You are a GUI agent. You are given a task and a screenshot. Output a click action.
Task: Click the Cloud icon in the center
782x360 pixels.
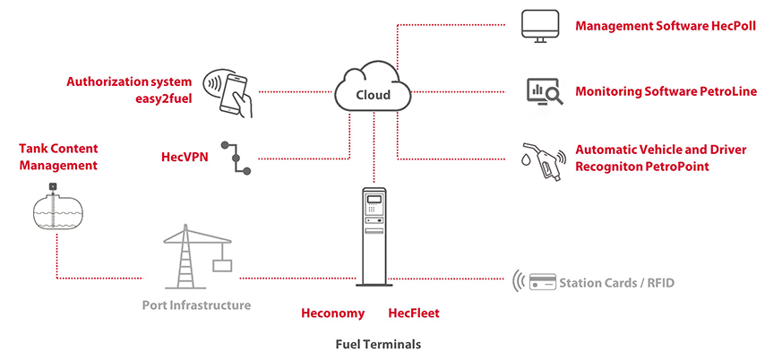click(373, 92)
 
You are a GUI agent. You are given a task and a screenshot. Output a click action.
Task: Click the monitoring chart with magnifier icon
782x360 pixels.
click(543, 90)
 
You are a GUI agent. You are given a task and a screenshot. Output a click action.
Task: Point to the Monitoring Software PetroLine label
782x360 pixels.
click(666, 91)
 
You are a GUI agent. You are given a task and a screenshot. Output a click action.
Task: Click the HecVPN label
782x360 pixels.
click(185, 157)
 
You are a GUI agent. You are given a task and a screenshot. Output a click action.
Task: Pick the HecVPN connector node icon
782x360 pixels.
click(238, 159)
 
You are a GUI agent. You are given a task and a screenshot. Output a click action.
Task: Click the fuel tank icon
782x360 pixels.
click(57, 209)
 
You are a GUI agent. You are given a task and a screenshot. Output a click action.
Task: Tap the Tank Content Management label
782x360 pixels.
click(58, 157)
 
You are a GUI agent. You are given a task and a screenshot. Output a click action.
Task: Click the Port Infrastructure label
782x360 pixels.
click(196, 305)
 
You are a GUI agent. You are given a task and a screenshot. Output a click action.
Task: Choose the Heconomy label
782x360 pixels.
click(332, 313)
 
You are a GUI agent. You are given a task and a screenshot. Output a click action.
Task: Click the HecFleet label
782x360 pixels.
click(413, 313)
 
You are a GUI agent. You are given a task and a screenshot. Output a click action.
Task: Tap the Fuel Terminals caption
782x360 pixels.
click(377, 344)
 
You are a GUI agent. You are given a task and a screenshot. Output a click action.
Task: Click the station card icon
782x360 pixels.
click(541, 282)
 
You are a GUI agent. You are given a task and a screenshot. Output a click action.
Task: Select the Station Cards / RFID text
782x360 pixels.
click(616, 283)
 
